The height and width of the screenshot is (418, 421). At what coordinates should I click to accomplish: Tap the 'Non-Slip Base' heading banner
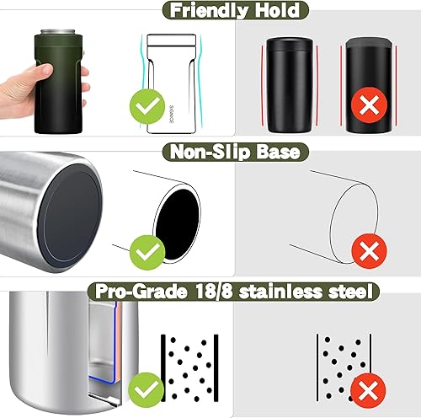pyautogui.click(x=210, y=152)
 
